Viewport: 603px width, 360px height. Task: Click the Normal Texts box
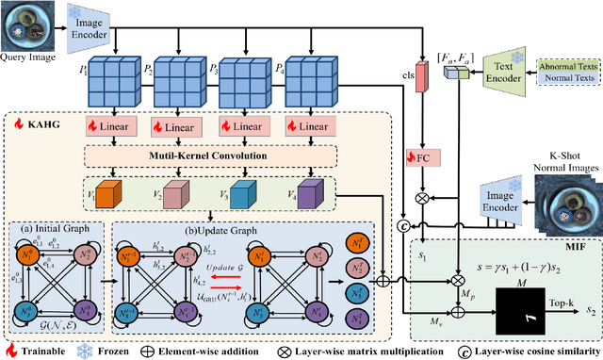(x=568, y=82)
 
